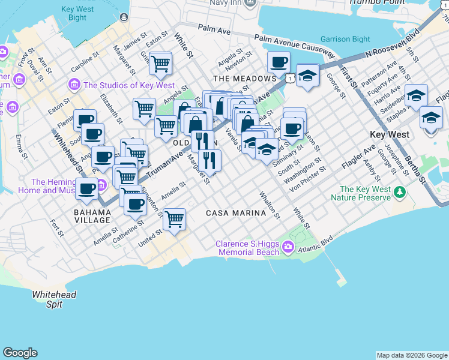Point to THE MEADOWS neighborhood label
(244, 79)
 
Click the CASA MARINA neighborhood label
(236, 213)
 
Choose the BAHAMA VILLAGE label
(92, 216)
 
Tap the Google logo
(20, 353)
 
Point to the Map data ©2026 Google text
(412, 355)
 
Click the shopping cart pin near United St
(174, 219)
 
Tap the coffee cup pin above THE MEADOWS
(279, 61)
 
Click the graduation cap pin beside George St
(307, 76)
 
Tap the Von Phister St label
(307, 178)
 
